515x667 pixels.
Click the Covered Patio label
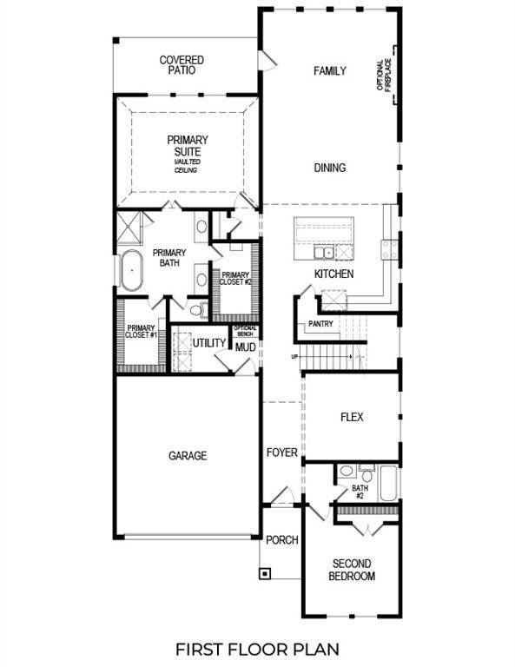coord(182,65)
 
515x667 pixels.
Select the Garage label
coord(188,455)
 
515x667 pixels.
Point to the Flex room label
coord(351,418)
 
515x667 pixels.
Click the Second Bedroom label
coord(353,570)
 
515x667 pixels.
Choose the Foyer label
coord(282,452)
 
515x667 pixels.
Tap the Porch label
coord(281,539)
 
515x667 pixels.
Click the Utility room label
coord(209,344)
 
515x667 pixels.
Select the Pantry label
coord(320,324)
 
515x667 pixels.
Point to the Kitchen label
coord(333,274)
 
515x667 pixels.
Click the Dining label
coord(330,168)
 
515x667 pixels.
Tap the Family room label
coord(330,71)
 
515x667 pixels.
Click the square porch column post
coord(264,573)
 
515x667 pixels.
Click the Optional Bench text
coord(244,331)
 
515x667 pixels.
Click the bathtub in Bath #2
coord(387,483)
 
